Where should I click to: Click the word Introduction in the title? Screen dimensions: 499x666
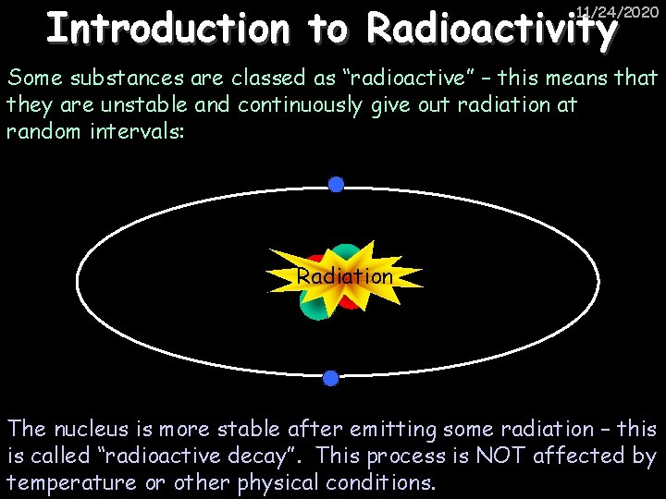coord(166,30)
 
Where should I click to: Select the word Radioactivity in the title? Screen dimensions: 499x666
coord(491,30)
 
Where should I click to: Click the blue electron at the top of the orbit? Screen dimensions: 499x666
coord(336,185)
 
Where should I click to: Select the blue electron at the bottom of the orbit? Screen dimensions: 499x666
coord(330,378)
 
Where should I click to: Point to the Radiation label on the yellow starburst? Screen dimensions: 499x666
coord(344,276)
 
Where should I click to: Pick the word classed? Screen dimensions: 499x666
coord(253,79)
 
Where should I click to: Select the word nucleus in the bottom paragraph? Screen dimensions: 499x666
coord(97,429)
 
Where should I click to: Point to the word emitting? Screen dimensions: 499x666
coord(366,429)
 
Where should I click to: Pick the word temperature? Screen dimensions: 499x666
coord(67,482)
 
